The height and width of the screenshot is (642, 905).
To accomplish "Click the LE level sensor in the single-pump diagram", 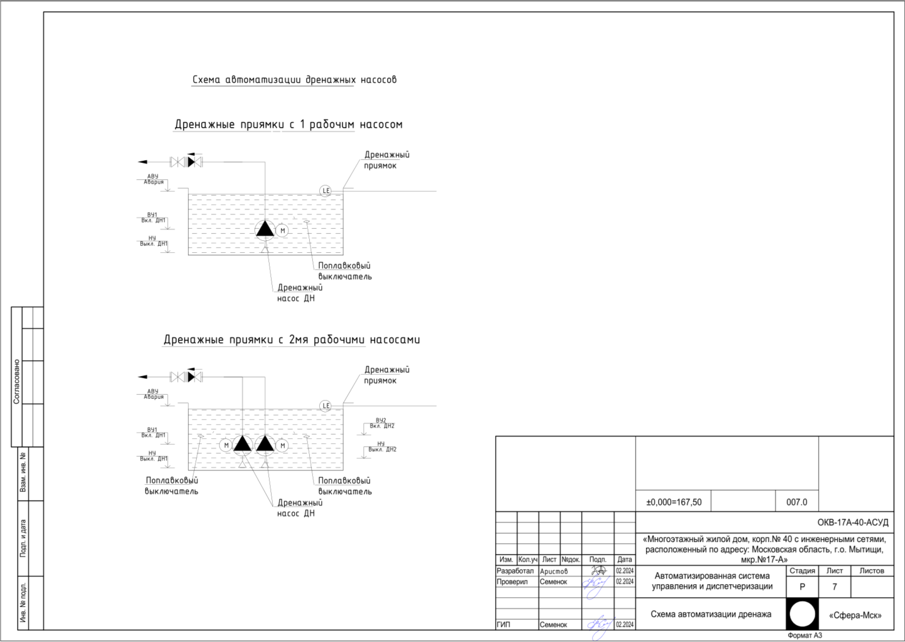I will pyautogui.click(x=326, y=191).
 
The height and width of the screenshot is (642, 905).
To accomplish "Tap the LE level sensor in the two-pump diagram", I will pyautogui.click(x=326, y=406).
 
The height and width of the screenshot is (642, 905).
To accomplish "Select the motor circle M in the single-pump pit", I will pyautogui.click(x=282, y=231).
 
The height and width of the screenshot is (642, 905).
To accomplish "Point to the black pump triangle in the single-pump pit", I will pyautogui.click(x=265, y=229).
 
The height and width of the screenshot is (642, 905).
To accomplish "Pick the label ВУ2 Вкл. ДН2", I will pyautogui.click(x=381, y=423).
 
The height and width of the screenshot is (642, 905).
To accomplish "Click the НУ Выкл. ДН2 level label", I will pyautogui.click(x=381, y=446).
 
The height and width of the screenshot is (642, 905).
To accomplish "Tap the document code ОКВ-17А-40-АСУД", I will pyautogui.click(x=852, y=523).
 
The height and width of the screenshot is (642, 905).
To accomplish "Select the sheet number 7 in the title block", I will pyautogui.click(x=835, y=587).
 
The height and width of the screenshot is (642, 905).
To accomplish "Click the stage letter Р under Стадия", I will pyautogui.click(x=802, y=587).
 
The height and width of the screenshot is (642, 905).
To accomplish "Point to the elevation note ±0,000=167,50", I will pyautogui.click(x=674, y=502).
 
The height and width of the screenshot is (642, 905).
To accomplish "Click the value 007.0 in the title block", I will pyautogui.click(x=796, y=502).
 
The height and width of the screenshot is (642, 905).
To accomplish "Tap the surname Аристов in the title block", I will pyautogui.click(x=554, y=572).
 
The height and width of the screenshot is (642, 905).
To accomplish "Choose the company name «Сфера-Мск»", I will pyautogui.click(x=855, y=616).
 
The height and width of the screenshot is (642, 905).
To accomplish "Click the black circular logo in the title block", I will pyautogui.click(x=802, y=614).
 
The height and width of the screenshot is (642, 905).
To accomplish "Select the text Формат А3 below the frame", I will pyautogui.click(x=804, y=635).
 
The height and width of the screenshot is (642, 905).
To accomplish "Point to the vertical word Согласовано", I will pyautogui.click(x=17, y=382).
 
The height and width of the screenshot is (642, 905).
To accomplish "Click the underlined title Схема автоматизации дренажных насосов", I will pyautogui.click(x=294, y=80).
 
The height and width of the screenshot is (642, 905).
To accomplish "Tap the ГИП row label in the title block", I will pyautogui.click(x=503, y=625).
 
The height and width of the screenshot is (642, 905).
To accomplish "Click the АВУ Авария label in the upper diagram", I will pyautogui.click(x=153, y=179).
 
